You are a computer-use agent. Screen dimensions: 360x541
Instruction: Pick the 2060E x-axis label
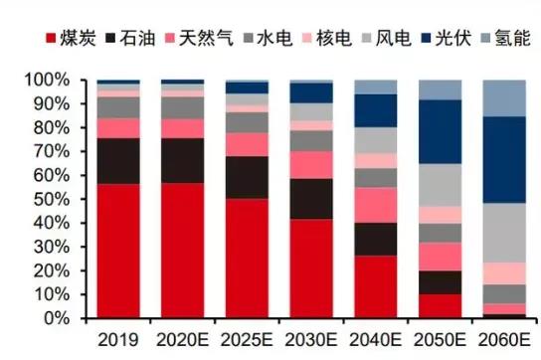[504, 339]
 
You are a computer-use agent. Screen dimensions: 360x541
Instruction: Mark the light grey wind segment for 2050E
[441, 184]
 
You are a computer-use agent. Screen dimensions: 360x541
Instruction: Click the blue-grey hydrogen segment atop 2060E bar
[504, 97]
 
